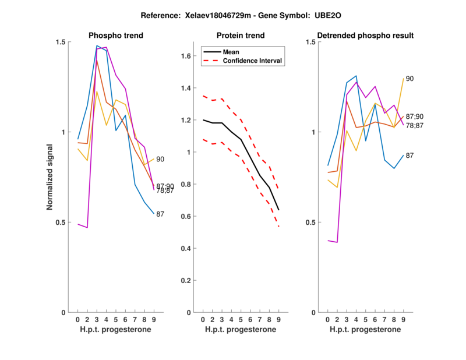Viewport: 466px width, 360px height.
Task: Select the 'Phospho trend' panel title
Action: point(115,36)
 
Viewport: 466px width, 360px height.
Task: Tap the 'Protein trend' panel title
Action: point(240,36)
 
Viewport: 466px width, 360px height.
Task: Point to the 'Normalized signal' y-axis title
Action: point(50,177)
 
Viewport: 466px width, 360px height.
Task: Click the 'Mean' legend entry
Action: point(231,51)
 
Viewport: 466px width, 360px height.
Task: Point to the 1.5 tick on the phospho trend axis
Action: point(61,42)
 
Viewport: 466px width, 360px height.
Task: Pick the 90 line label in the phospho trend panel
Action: point(160,159)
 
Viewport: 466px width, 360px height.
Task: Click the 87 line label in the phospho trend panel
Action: point(160,214)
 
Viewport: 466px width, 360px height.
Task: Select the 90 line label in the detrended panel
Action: point(410,79)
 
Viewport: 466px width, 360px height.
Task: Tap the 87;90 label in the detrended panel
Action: point(414,117)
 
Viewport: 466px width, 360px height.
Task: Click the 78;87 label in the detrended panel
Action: point(414,125)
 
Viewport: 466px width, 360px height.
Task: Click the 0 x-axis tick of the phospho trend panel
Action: point(77,319)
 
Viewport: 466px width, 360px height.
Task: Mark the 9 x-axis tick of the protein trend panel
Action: point(278,319)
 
